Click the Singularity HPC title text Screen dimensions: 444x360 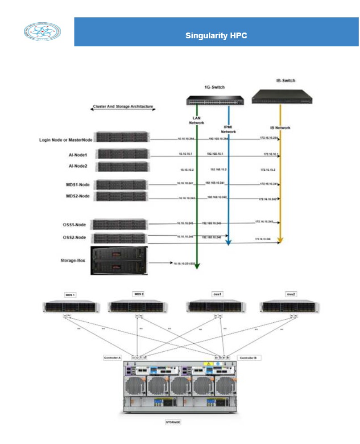pyautogui.click(x=216, y=36)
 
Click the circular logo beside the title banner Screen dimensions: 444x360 pyautogui.click(x=42, y=32)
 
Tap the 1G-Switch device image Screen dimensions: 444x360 pyautogui.click(x=215, y=100)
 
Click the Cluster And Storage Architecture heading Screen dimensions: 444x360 pyautogui.click(x=123, y=107)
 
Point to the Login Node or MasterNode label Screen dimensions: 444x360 pyautogui.click(x=66, y=140)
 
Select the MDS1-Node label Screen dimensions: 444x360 pyautogui.click(x=79, y=185)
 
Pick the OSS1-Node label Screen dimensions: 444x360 pyautogui.click(x=75, y=225)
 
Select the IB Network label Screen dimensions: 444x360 pyautogui.click(x=280, y=127)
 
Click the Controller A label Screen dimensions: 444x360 pyautogui.click(x=112, y=358)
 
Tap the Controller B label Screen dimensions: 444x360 pyautogui.click(x=247, y=358)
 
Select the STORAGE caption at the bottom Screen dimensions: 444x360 pyautogui.click(x=174, y=422)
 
